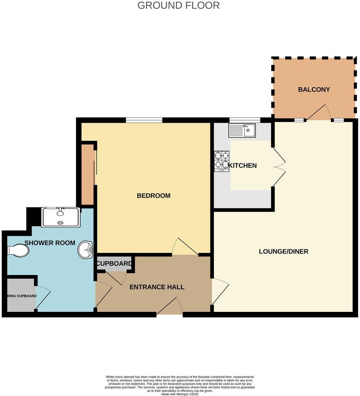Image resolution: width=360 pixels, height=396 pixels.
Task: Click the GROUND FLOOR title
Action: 179,6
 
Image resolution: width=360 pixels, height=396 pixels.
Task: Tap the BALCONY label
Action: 314,90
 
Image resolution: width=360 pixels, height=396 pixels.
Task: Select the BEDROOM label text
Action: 154,196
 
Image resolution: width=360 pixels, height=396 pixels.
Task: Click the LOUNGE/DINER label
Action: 283,252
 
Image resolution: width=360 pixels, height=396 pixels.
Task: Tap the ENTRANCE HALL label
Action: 157,287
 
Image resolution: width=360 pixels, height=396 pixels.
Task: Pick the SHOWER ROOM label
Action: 50,243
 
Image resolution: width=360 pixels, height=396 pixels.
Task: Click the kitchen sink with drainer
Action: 242,130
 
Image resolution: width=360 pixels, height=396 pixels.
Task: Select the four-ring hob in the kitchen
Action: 222,161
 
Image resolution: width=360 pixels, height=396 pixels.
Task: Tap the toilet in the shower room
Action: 19,250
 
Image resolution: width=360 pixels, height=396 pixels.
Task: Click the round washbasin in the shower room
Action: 86,249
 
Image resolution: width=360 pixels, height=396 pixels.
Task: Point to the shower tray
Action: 61,217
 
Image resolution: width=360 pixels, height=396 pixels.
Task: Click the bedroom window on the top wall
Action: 144,120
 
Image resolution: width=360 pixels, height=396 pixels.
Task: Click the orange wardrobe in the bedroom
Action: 88,174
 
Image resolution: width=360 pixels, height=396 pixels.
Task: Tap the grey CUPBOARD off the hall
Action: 114,264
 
